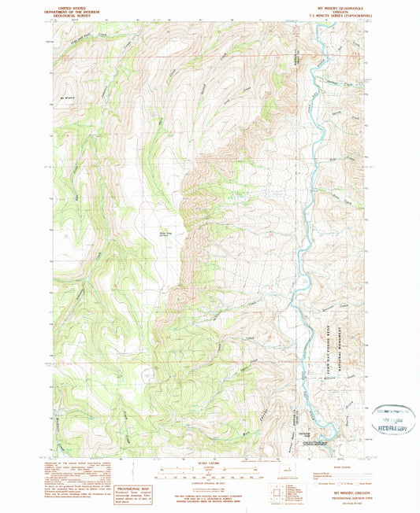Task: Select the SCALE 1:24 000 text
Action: coord(210,462)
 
